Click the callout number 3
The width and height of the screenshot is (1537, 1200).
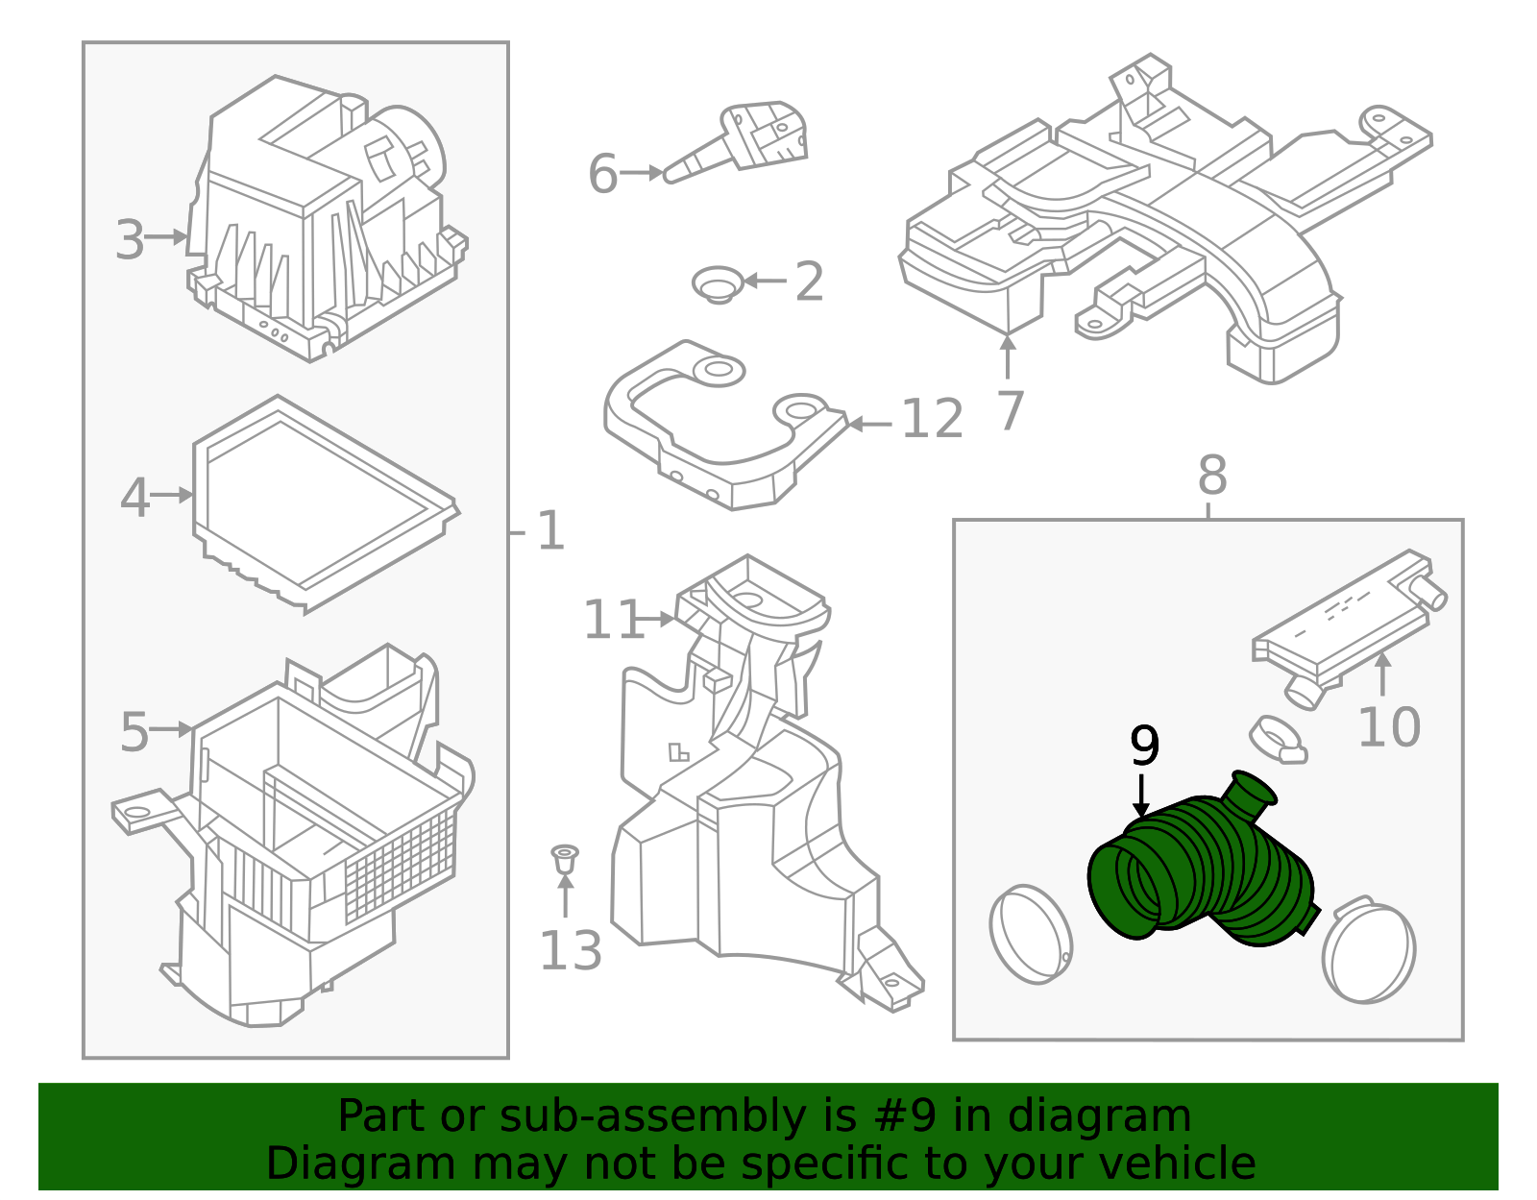[130, 239]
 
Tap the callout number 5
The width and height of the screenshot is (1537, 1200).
[134, 732]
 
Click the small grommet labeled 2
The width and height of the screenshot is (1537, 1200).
[717, 284]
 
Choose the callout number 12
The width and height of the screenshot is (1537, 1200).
[932, 419]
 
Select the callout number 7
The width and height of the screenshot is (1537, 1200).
[1010, 411]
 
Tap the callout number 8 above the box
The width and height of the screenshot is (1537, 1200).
[1212, 475]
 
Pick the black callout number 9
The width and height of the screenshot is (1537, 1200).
[1144, 745]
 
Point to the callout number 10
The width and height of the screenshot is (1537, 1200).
[1388, 727]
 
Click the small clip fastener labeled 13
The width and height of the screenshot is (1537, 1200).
[565, 858]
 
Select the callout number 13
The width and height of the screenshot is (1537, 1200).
[571, 951]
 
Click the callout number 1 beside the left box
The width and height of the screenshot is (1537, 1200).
[550, 531]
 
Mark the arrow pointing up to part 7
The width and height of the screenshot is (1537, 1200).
[1007, 355]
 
